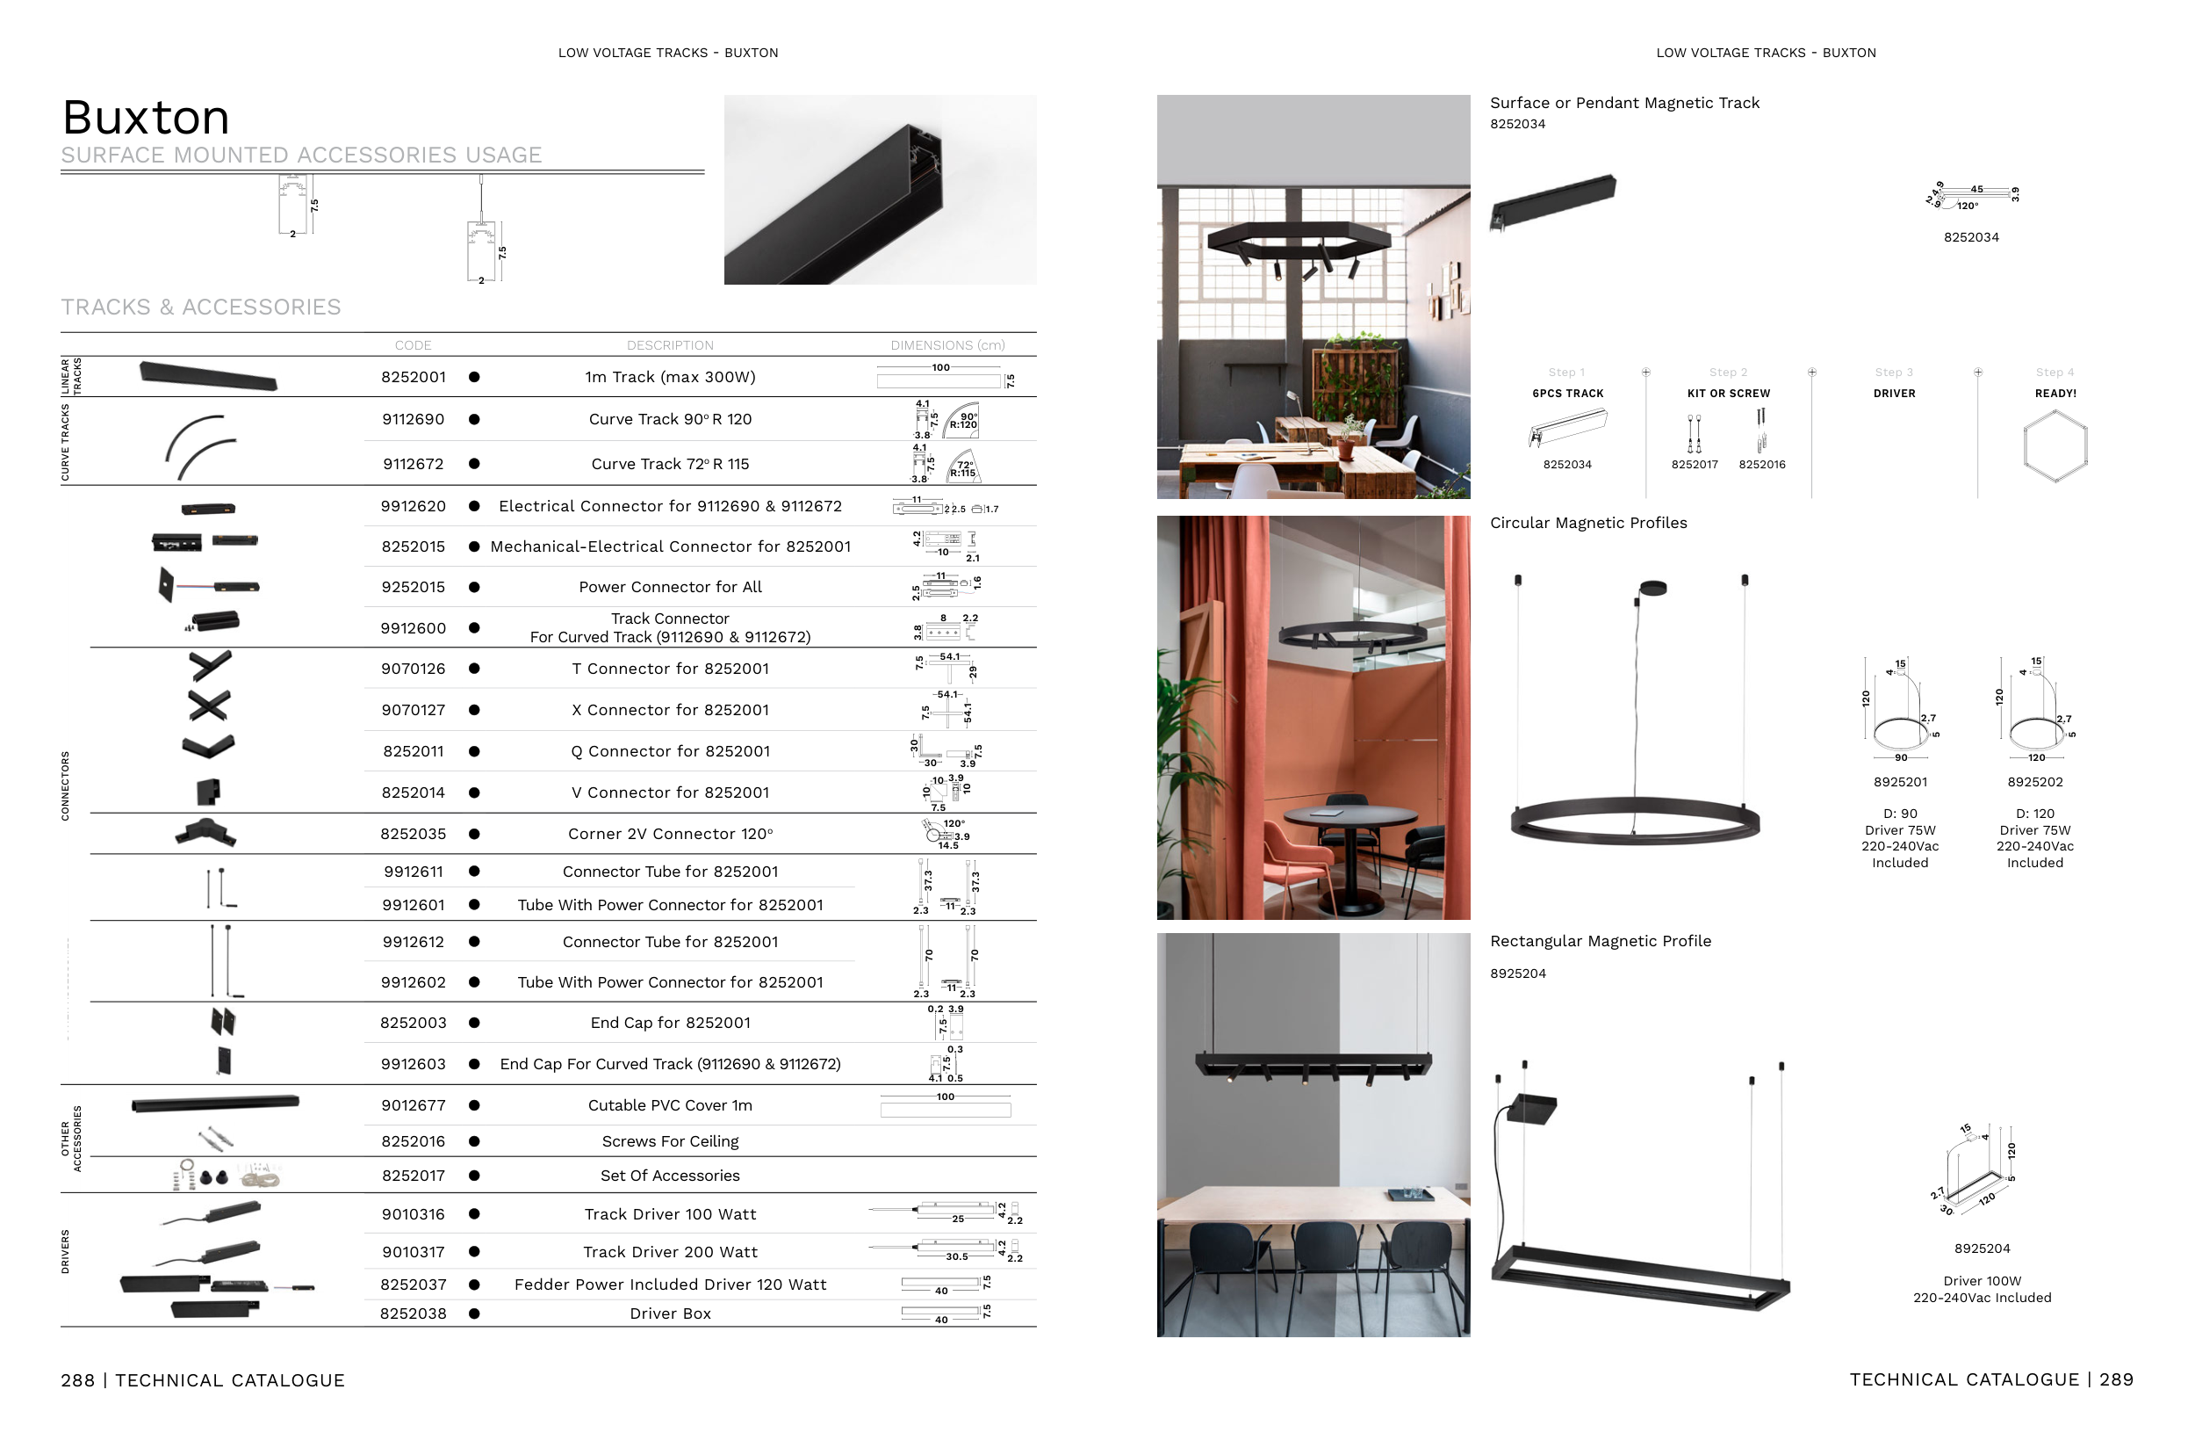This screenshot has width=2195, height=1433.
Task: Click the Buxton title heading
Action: tap(146, 118)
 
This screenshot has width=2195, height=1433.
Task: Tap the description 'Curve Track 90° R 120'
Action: tap(670, 420)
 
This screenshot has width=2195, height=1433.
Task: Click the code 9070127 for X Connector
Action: tap(414, 711)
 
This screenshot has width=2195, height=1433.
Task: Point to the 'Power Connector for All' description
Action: tap(670, 588)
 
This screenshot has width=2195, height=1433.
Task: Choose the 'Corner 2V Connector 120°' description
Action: tap(670, 834)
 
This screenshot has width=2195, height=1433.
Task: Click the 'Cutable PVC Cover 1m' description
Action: tap(670, 1105)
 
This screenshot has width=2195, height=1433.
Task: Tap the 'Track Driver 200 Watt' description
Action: tap(670, 1252)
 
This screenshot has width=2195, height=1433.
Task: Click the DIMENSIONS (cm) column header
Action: tap(947, 346)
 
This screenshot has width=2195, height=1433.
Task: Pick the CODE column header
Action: tap(414, 346)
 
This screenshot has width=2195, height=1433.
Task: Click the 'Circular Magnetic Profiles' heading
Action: tap(1588, 523)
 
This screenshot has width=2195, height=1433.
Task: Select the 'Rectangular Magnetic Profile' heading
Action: tap(1600, 941)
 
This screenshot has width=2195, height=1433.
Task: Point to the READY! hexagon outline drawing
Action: tap(2055, 446)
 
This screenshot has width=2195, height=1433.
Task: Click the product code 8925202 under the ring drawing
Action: tap(2034, 783)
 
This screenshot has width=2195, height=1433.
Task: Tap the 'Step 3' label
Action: tap(1894, 373)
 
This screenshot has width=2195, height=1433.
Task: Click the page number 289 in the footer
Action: tap(2117, 1379)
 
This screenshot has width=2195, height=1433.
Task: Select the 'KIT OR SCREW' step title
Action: tap(1728, 394)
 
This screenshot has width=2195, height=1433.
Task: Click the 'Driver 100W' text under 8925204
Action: tap(1982, 1282)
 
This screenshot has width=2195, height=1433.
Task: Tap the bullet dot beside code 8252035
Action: tap(474, 834)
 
